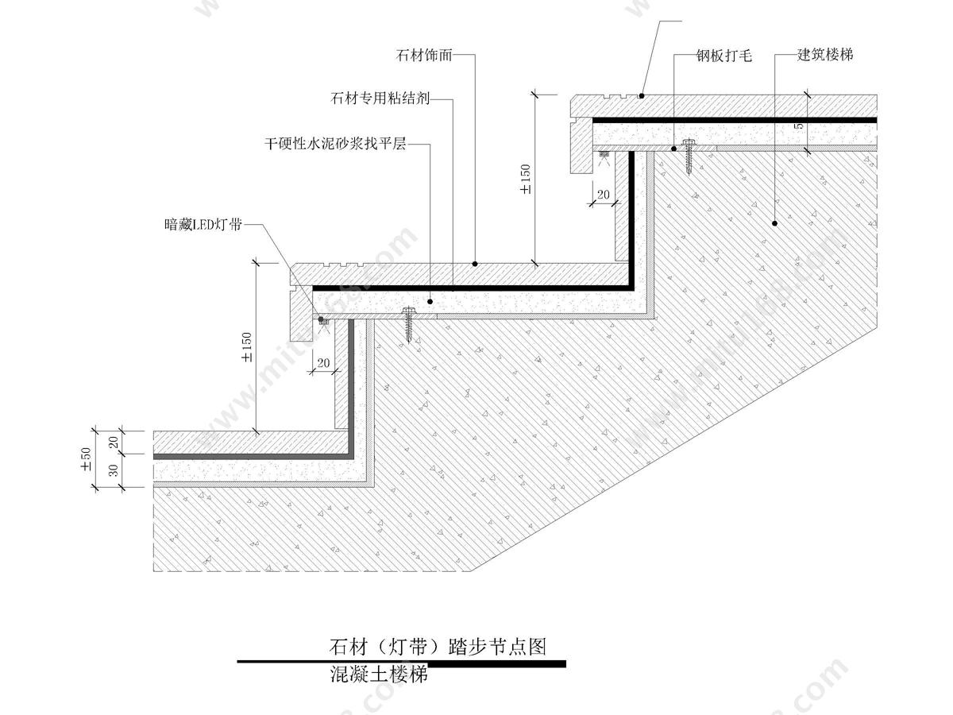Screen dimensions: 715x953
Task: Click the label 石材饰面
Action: click(x=424, y=56)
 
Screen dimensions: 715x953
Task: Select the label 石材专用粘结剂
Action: click(x=380, y=99)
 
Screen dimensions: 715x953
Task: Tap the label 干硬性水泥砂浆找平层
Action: click(x=335, y=145)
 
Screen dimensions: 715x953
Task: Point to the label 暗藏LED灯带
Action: click(x=202, y=225)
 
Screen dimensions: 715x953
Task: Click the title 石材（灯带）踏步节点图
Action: click(x=438, y=646)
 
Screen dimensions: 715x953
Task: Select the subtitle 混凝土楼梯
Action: click(x=379, y=675)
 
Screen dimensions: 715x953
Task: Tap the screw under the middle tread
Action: click(x=410, y=323)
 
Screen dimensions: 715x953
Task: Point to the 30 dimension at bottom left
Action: click(x=113, y=471)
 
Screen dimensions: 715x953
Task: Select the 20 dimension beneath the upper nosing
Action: click(x=604, y=195)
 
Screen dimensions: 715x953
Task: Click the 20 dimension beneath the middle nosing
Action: click(x=323, y=362)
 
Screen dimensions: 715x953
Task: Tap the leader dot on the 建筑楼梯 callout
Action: click(x=772, y=223)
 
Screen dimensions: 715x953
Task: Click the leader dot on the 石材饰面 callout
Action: click(x=475, y=263)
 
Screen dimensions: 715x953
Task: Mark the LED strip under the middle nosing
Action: click(x=322, y=320)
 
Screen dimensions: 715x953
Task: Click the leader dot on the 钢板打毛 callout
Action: click(x=674, y=148)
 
